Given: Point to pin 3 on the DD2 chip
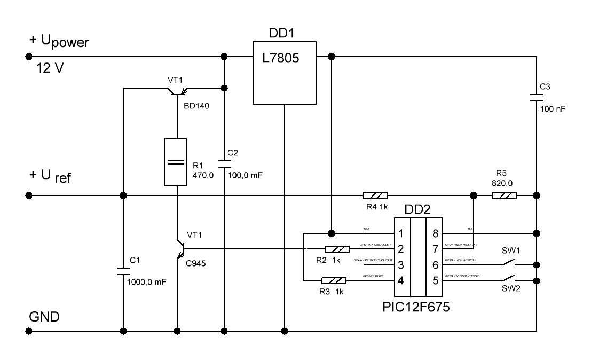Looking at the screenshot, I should click(x=401, y=264).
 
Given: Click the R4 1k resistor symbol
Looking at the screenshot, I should click(x=375, y=195).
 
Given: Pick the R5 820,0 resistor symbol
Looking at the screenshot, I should click(x=504, y=195).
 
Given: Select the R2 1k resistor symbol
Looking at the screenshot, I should click(x=337, y=249).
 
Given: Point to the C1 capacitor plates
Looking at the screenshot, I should click(x=123, y=271).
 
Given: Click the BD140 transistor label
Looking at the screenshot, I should click(x=196, y=106).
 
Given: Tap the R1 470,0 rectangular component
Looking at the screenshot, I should click(x=175, y=162).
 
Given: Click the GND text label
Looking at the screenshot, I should click(x=44, y=317).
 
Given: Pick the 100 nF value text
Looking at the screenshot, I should click(x=553, y=108).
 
